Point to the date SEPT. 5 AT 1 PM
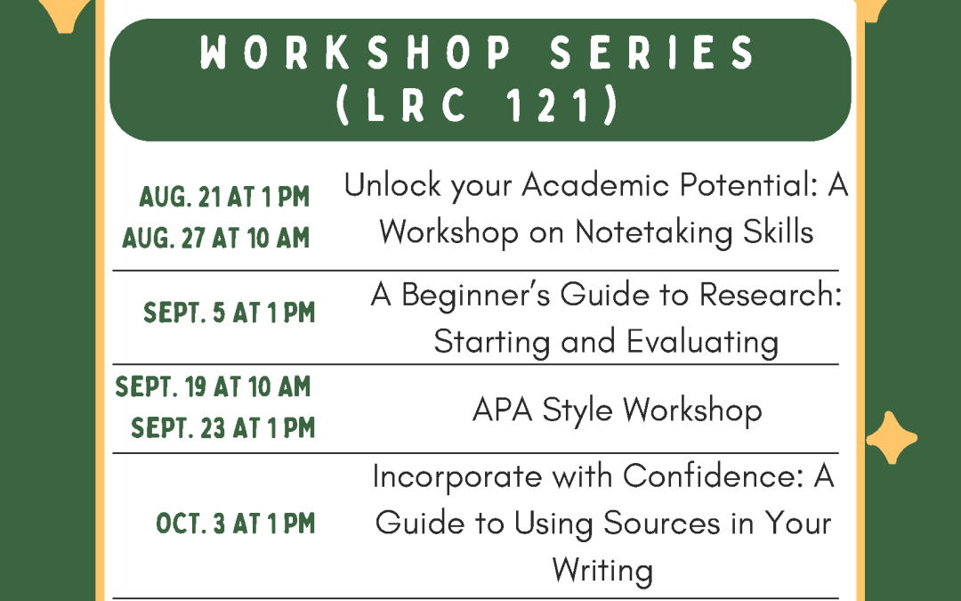pos(230,313)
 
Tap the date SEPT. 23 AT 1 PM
pos(223,429)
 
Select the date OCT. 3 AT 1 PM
pos(236,524)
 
